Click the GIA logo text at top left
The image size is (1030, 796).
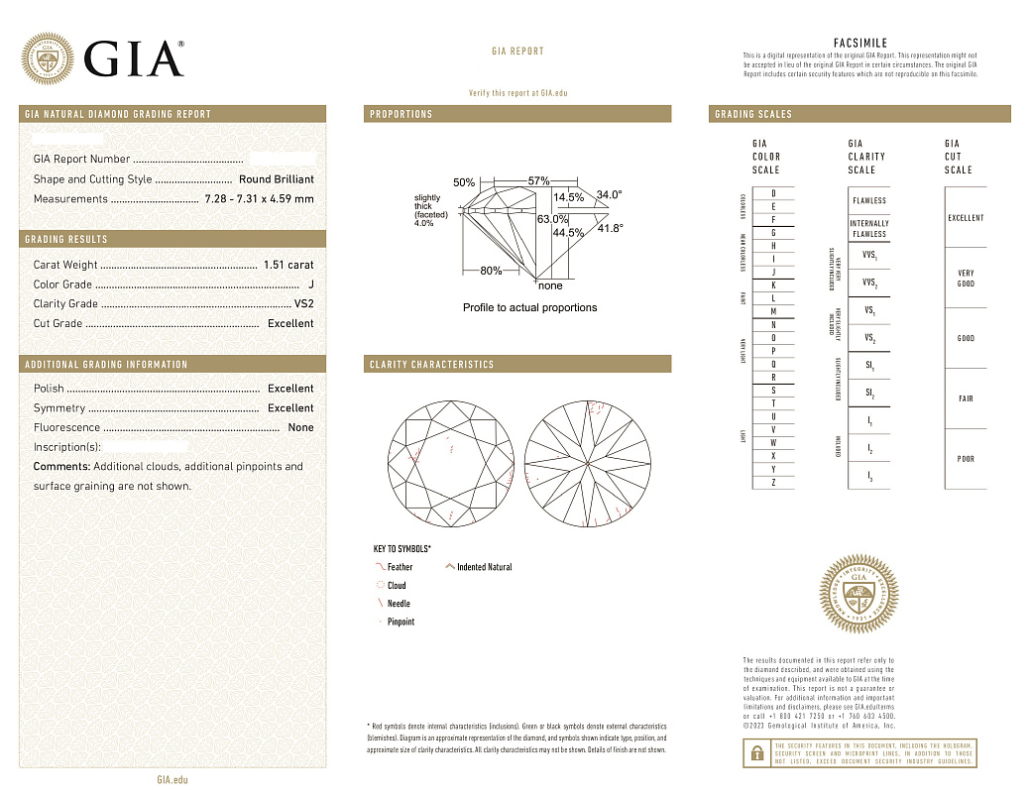134,59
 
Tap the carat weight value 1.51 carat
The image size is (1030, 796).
288,265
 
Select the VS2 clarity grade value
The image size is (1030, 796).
303,304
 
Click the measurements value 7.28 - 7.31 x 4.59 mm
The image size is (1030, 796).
259,199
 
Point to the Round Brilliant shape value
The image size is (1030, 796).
276,179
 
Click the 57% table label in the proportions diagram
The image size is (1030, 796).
538,181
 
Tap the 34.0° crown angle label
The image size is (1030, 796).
609,195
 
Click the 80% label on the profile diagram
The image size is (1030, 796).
491,271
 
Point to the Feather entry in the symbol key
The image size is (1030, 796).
400,567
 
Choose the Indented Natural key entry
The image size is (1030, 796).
484,567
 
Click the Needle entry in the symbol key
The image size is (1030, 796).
398,604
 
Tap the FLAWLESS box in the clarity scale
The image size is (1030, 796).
869,200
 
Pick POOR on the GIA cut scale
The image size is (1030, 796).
966,459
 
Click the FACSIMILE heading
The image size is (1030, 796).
860,44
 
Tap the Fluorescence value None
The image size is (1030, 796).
300,428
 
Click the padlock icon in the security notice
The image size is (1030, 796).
757,752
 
